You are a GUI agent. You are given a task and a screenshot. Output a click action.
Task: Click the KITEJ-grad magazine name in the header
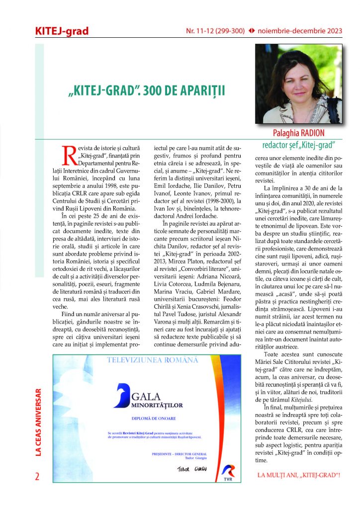(x=62, y=31)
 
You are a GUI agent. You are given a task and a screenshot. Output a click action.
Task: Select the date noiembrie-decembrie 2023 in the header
(x=301, y=31)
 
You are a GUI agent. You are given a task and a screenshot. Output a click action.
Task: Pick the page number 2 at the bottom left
(x=37, y=476)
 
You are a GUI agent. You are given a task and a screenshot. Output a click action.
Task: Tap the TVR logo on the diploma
(x=229, y=471)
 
